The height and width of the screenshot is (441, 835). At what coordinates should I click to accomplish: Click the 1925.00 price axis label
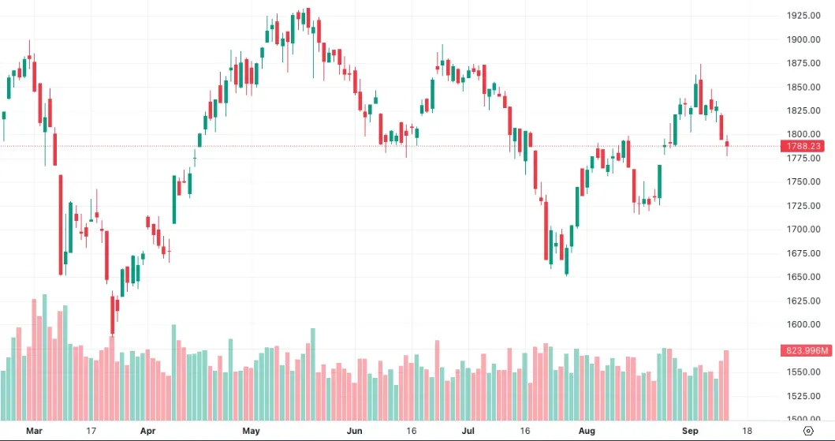pos(803,16)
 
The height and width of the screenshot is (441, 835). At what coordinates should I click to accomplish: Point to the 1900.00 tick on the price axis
pos(803,39)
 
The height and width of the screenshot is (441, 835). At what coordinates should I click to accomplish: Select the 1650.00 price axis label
pos(803,277)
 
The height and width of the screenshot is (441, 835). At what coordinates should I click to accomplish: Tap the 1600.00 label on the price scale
pos(803,324)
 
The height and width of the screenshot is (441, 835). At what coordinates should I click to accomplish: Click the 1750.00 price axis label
pos(803,181)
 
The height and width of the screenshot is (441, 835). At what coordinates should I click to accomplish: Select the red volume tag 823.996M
pos(807,350)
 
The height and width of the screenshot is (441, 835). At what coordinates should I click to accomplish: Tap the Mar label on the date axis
pos(34,431)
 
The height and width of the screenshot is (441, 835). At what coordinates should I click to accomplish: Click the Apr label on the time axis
pos(148,431)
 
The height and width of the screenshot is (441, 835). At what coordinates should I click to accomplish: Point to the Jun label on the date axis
pos(354,431)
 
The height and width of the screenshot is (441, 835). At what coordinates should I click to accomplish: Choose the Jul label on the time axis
pos(468,431)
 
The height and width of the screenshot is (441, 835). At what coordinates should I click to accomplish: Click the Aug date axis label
pos(587,431)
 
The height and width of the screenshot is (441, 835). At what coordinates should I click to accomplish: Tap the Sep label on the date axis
pos(690,431)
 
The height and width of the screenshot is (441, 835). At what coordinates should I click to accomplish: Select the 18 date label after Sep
pos(747,431)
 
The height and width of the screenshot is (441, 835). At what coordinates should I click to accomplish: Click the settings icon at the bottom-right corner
pos(808,431)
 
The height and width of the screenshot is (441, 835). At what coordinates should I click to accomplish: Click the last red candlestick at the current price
pos(727,144)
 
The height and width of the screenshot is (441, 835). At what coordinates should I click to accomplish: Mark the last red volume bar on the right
pos(726,385)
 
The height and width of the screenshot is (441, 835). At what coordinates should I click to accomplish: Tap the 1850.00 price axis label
pos(803,87)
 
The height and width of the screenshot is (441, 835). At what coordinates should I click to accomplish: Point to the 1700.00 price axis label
pos(803,230)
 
